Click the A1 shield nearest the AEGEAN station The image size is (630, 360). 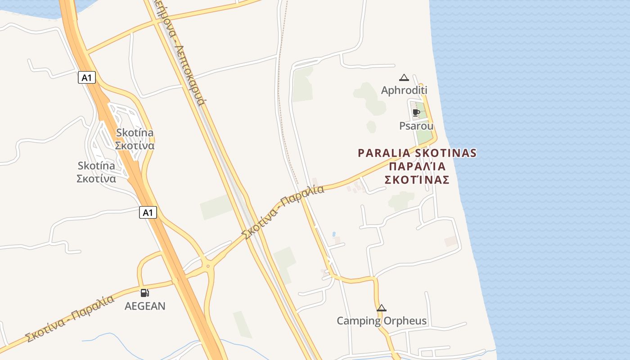point(148,212)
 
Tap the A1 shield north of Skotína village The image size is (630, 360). point(87,77)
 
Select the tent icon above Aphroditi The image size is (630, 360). point(404,77)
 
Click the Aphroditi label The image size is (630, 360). point(404,90)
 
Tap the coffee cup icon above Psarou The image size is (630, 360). point(416,112)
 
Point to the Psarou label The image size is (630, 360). point(416,126)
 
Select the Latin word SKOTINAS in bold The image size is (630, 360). point(445,153)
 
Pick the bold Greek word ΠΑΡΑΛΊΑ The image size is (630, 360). point(417,166)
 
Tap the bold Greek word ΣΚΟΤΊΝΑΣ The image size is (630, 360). point(417,180)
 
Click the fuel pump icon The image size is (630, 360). point(144,293)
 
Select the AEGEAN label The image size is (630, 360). point(145,306)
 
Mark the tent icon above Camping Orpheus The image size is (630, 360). point(382,308)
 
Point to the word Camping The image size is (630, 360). point(359,321)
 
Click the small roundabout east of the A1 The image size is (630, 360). point(207,266)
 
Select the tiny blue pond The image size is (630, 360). point(333,234)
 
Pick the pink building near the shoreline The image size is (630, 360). point(451,242)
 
